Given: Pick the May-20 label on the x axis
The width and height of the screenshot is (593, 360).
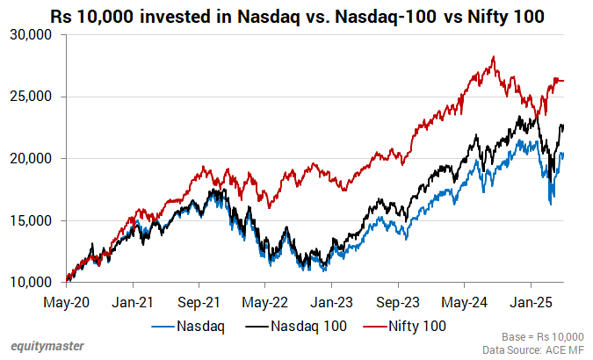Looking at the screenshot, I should click(x=66, y=302).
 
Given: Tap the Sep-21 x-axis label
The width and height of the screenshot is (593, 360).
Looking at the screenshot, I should click(x=199, y=302).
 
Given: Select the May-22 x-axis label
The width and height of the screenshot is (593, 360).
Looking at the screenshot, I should click(x=264, y=302).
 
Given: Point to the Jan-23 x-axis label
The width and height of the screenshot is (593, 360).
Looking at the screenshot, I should click(x=331, y=302).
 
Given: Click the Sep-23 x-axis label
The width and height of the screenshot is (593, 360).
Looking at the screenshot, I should click(x=397, y=302).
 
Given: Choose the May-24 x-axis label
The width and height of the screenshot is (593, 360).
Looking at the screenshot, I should click(x=464, y=302).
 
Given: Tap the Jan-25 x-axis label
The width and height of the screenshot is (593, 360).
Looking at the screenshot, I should click(x=530, y=302).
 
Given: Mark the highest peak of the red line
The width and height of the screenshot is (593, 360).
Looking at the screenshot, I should click(x=494, y=57).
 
